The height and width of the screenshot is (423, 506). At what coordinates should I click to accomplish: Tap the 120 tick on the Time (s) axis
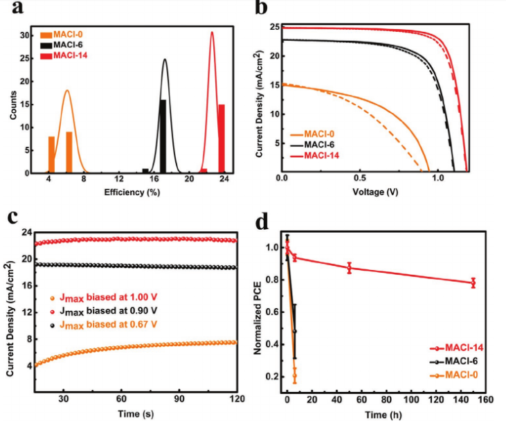[237, 399]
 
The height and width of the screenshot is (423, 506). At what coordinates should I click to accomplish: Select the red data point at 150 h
[473, 282]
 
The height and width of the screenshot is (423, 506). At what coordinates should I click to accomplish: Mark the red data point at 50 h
[350, 268]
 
